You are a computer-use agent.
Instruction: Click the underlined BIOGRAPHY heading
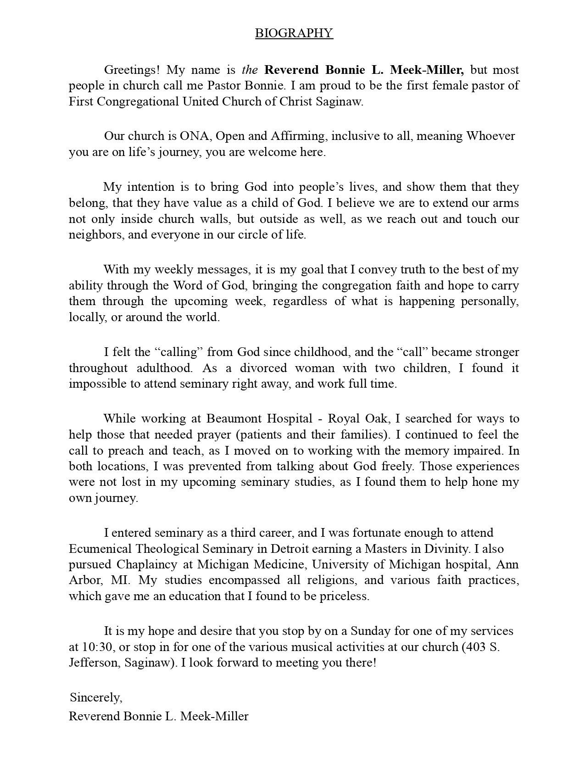click(294, 33)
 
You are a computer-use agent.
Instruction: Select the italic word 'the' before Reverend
click(250, 70)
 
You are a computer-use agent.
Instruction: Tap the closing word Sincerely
click(96, 698)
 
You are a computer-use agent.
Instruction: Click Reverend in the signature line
click(95, 716)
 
